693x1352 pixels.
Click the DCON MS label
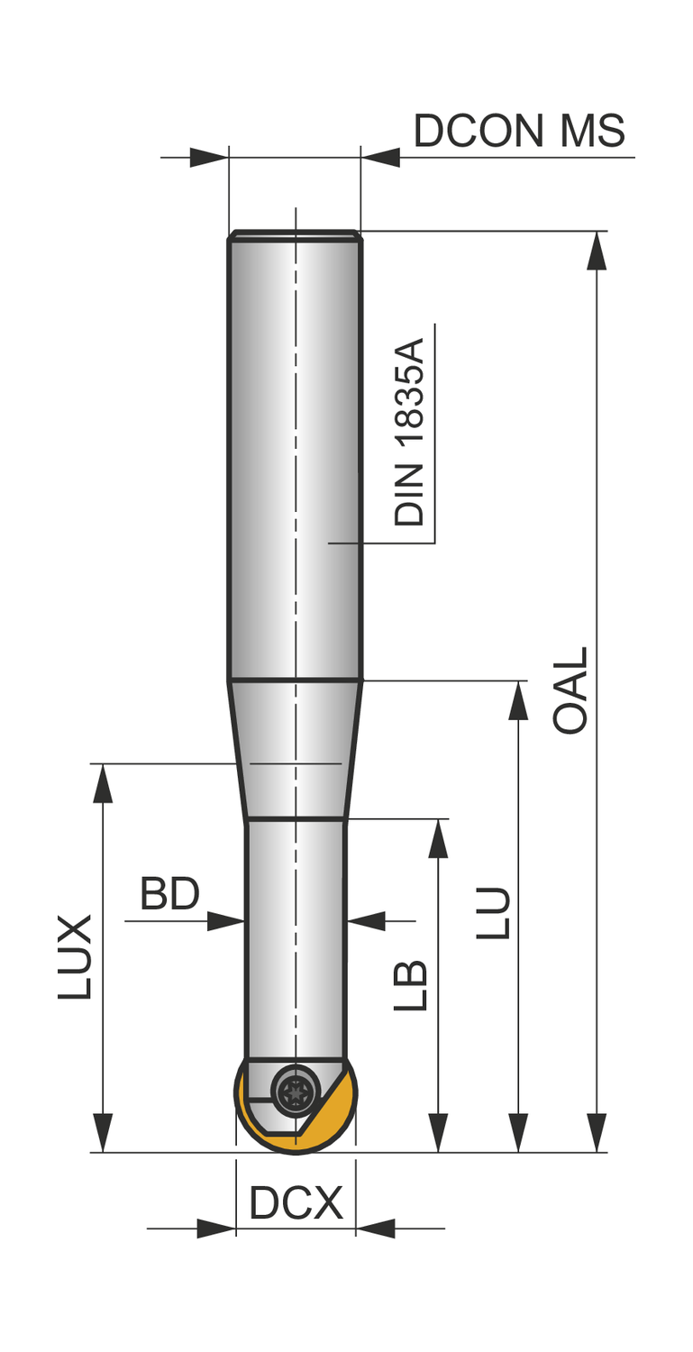tap(519, 131)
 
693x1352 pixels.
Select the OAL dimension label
tap(570, 690)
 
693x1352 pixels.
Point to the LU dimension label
tap(493, 912)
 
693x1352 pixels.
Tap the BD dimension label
tap(169, 894)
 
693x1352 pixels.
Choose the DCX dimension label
tap(296, 1203)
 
